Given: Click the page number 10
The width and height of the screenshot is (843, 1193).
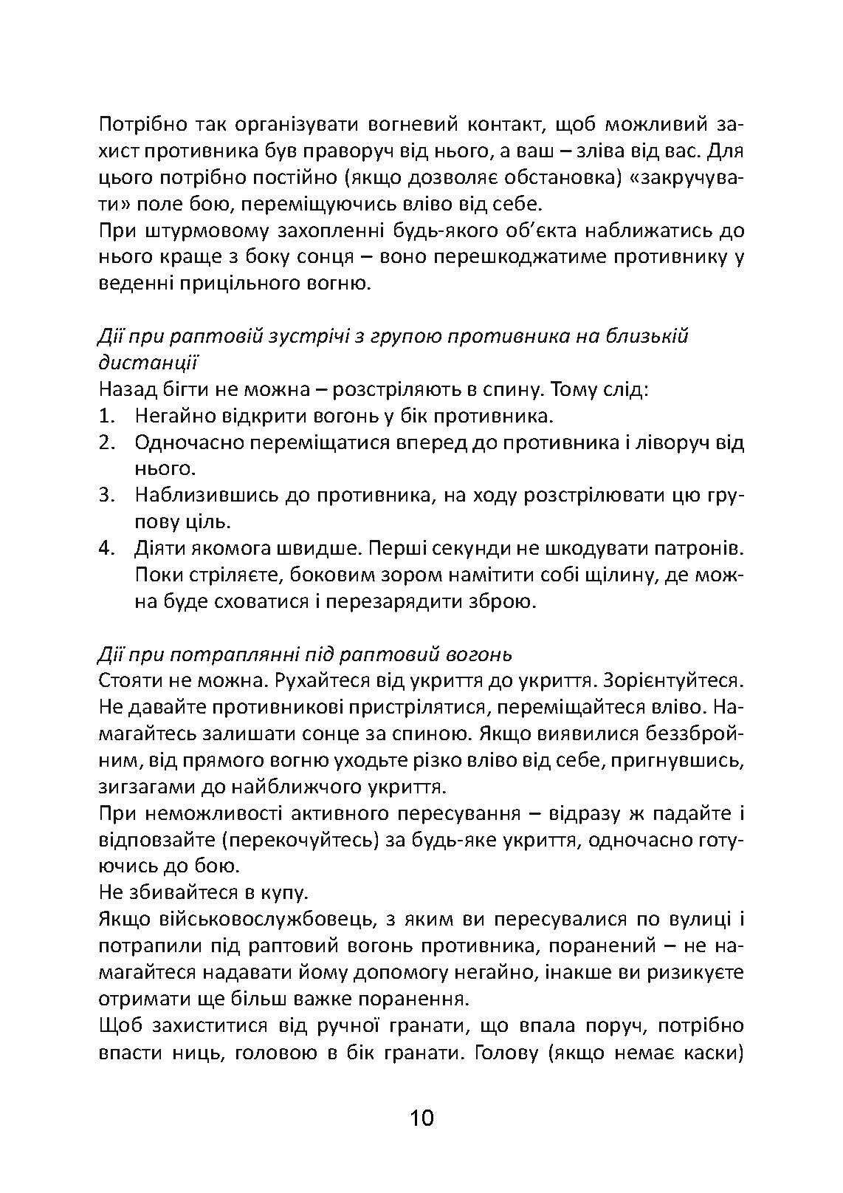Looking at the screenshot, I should (421, 1118).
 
